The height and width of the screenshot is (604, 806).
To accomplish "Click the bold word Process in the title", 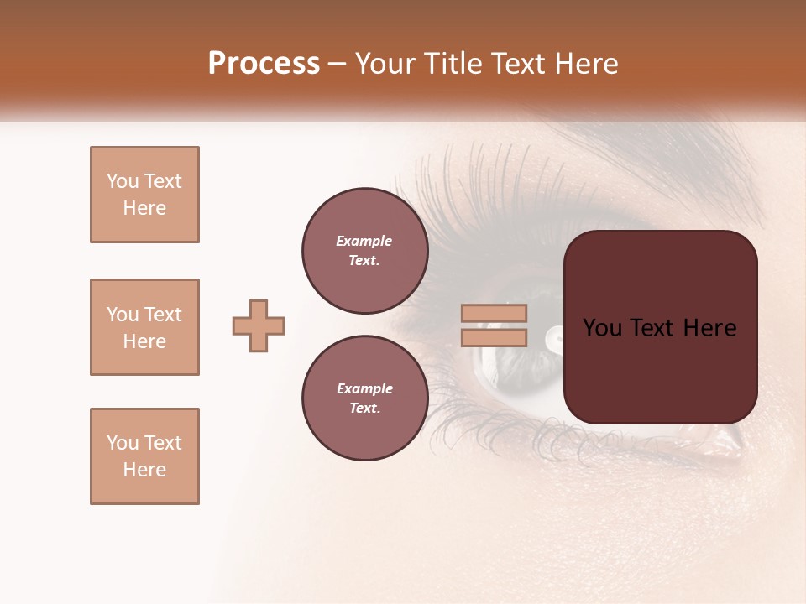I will tap(264, 64).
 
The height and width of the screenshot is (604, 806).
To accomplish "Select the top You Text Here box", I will tap(144, 195).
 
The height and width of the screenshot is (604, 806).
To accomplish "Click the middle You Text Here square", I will tap(144, 327).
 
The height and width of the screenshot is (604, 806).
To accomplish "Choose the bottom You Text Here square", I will tap(144, 456).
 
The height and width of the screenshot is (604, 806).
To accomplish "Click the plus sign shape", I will tap(259, 325).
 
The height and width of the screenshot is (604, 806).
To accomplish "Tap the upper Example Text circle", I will tap(364, 250).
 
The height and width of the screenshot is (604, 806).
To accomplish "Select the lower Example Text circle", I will tap(364, 398).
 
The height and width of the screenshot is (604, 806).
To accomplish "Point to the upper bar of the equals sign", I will tap(495, 314).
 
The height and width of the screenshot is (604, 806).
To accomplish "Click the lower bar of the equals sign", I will tap(495, 337).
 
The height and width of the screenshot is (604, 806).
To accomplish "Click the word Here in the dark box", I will tap(709, 328).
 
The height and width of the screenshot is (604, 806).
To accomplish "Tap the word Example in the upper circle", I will tap(364, 241).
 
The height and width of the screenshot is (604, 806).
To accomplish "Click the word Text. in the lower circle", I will tap(364, 408).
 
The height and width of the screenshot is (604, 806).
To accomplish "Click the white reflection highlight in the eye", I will tap(555, 337).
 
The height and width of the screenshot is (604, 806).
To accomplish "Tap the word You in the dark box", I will tap(604, 328).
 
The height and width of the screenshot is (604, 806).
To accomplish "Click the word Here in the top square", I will tap(144, 208).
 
